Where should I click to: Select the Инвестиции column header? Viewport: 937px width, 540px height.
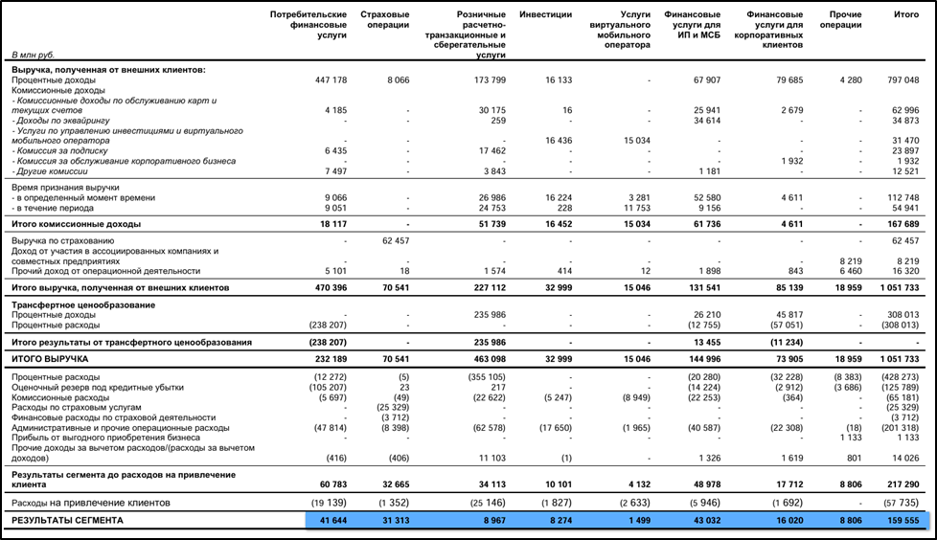pyautogui.click(x=545, y=15)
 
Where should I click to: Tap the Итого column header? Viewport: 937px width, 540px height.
pyautogui.click(x=905, y=15)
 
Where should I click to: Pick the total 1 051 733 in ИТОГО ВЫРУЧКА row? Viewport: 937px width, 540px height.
pyautogui.click(x=900, y=358)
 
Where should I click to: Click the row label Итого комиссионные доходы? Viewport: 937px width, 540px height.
pyautogui.click(x=76, y=223)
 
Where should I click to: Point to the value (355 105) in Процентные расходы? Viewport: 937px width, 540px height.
pyautogui.click(x=484, y=377)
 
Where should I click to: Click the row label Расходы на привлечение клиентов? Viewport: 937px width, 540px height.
pyautogui.click(x=90, y=502)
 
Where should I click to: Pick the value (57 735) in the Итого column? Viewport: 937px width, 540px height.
pyautogui.click(x=902, y=502)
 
